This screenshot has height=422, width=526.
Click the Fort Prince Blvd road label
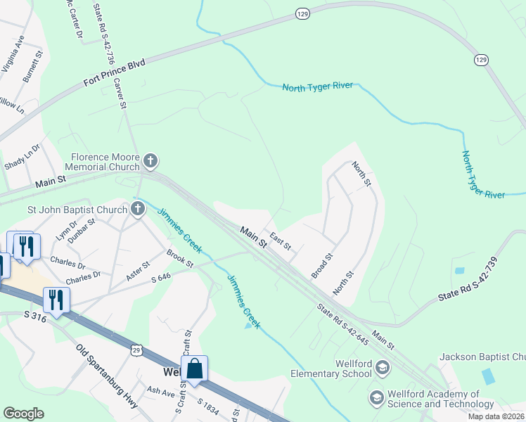114,73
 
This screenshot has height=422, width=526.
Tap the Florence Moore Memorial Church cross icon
150,162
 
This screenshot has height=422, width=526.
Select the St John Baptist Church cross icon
137,208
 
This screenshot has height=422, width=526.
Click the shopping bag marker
194,369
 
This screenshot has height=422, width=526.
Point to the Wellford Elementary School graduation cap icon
383,367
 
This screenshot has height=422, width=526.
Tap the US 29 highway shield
136,350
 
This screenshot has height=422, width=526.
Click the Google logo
24,413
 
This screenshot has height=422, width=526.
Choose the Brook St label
180,257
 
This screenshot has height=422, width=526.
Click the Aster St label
137,271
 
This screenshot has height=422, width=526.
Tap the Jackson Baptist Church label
482,357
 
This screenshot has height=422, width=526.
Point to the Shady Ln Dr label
23,159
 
